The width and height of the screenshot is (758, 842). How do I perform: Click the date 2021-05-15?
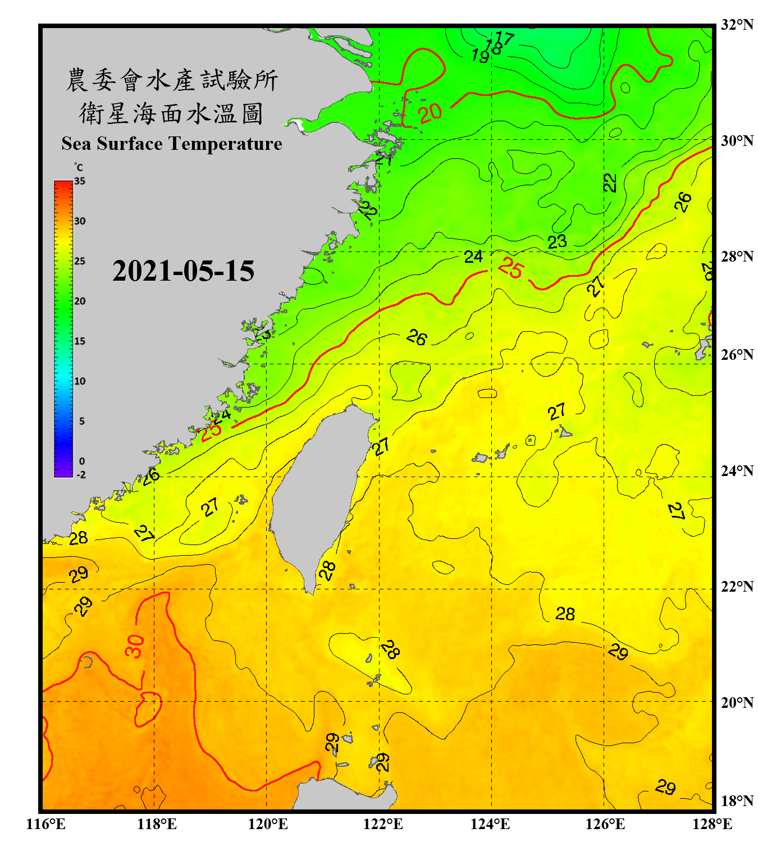coord(183,271)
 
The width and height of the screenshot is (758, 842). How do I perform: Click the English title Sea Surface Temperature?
coord(172,144)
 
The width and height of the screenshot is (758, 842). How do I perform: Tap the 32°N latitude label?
coord(737,25)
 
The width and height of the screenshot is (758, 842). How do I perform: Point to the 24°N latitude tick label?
coord(737,470)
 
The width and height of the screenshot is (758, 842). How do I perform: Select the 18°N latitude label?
coord(737,801)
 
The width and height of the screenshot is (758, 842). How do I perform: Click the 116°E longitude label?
coord(45,824)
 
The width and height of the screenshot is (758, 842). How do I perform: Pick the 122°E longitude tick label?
coord(383,824)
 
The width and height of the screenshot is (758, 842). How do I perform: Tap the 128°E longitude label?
coord(712,824)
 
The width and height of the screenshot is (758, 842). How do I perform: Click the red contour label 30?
coord(135,646)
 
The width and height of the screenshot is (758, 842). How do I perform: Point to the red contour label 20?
coord(430,113)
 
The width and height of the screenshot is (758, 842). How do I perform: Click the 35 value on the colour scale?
coord(80,181)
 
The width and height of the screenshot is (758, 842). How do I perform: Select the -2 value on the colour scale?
coord(81,474)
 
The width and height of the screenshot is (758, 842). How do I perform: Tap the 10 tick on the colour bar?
coord(80,381)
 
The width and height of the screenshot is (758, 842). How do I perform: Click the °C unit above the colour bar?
coord(78,167)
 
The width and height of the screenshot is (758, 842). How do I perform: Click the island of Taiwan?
coord(317,494)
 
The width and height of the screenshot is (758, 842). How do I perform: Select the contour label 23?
coord(557,242)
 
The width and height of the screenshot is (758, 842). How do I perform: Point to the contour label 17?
coord(505,38)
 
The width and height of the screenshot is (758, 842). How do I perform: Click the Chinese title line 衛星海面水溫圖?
coord(171,113)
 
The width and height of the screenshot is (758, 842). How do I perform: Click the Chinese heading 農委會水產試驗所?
coord(171,80)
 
